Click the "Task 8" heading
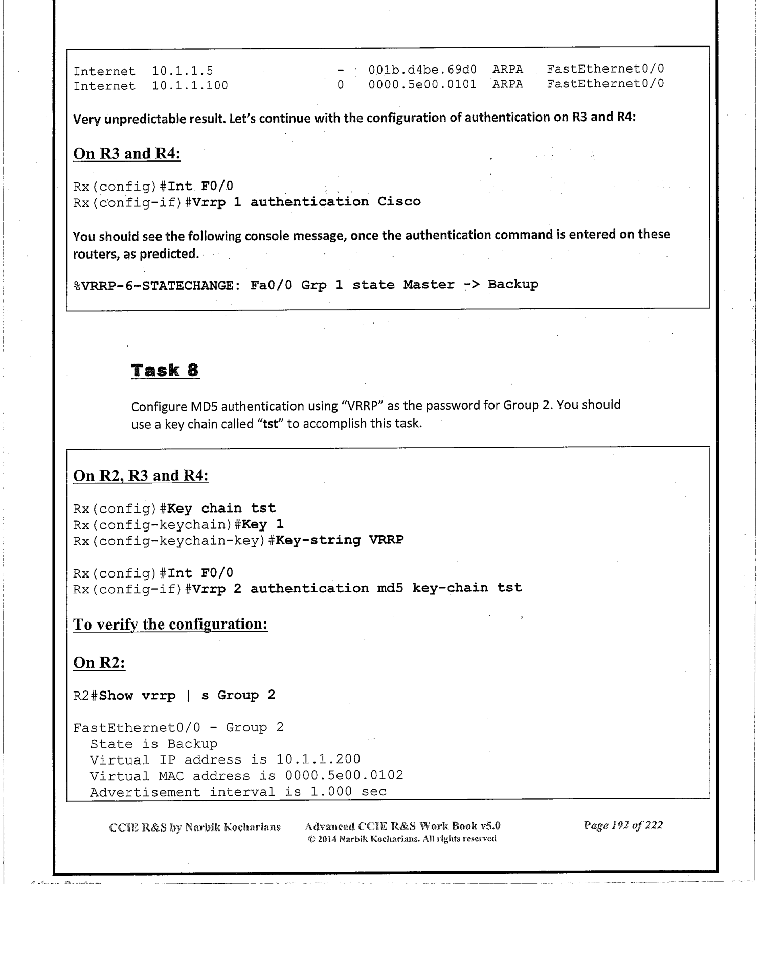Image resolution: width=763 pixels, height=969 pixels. [x=165, y=370]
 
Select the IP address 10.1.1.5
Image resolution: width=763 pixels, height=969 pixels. [x=183, y=71]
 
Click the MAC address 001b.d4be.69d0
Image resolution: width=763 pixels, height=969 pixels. [x=422, y=69]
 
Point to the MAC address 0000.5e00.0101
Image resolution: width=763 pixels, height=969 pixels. [x=422, y=84]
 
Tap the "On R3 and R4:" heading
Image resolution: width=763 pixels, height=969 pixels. [x=127, y=154]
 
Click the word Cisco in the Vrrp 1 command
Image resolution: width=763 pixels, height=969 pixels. [x=399, y=201]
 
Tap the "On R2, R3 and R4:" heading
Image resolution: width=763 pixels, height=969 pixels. [x=141, y=476]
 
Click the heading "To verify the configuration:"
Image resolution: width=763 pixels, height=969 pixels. [x=170, y=625]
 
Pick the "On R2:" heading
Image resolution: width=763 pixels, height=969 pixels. [x=99, y=663]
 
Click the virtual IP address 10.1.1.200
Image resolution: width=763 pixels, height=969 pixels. [x=318, y=759]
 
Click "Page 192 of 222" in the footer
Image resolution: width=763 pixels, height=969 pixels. [x=623, y=825]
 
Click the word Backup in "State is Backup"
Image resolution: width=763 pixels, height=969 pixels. [x=192, y=744]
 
